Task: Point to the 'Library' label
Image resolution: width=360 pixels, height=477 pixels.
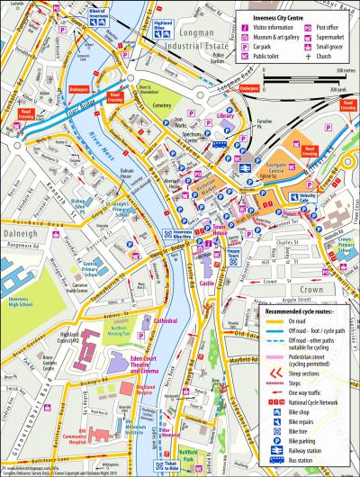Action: click(225, 117)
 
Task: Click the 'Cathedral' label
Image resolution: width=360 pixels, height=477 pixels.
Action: click(165, 320)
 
